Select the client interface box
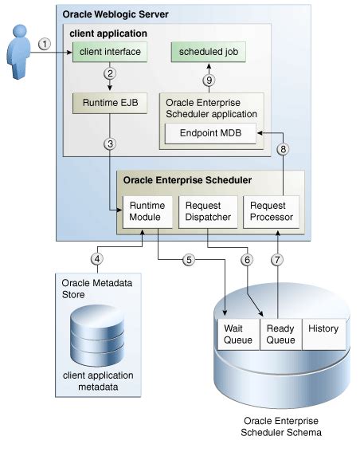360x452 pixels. tap(109, 53)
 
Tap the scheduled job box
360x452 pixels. tap(207, 53)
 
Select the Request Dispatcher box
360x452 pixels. tap(207, 211)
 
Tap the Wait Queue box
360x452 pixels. tap(237, 333)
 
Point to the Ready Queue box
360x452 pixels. tap(280, 333)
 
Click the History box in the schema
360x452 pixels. tap(323, 328)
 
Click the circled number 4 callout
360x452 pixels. tap(97, 259)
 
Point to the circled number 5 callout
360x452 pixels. tap(188, 259)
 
